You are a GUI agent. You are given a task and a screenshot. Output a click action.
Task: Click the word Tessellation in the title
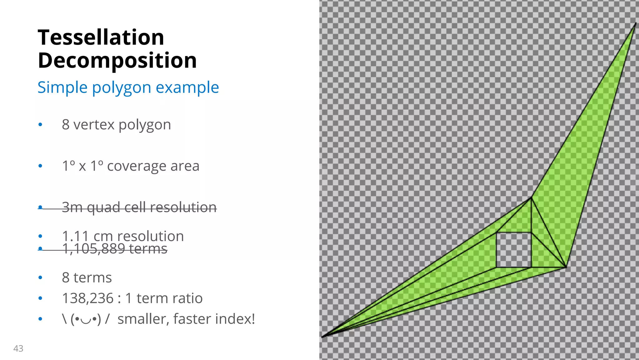coord(101,37)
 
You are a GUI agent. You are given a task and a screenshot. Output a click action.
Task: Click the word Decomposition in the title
coord(117,61)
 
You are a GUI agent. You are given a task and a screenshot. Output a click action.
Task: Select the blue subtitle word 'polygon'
coord(121,88)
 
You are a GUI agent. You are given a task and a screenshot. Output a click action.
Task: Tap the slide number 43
coord(18,348)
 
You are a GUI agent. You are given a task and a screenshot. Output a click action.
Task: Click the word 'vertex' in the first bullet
coord(94,125)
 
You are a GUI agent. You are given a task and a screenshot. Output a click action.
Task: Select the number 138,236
coord(88,298)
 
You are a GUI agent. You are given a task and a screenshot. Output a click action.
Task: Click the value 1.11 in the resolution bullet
coord(75,236)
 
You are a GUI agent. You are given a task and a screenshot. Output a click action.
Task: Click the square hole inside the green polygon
coord(513,250)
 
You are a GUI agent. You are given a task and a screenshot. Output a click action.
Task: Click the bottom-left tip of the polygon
coord(322,337)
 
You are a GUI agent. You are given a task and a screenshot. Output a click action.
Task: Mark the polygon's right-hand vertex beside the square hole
coord(566,267)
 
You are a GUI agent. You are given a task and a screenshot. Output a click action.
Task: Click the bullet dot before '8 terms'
coord(40,278)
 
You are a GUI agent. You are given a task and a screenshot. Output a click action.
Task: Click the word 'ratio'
coord(190,298)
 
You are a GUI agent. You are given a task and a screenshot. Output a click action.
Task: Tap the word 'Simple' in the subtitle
coord(63,88)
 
